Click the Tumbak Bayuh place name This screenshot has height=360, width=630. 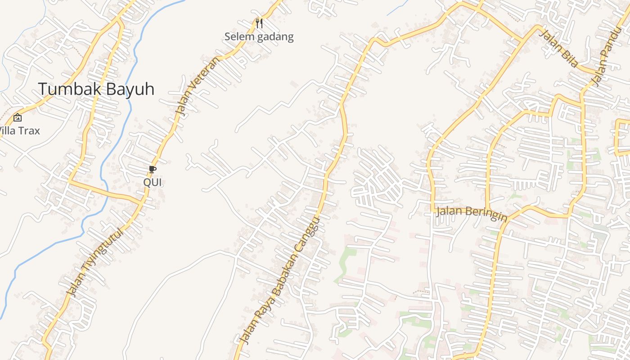(x=96, y=89)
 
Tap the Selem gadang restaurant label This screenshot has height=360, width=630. (x=259, y=37)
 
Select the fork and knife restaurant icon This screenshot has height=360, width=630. (x=259, y=23)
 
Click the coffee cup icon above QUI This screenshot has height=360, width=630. (x=153, y=170)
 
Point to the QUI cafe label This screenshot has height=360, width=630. (x=153, y=182)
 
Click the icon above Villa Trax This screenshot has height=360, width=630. (x=18, y=118)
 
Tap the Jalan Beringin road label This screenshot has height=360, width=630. (x=472, y=213)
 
